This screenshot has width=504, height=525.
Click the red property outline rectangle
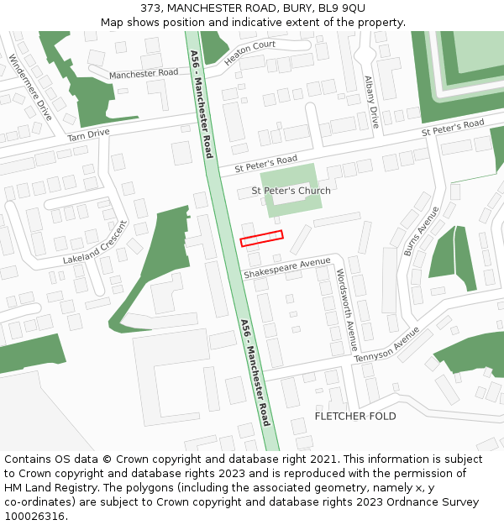pos(262,239)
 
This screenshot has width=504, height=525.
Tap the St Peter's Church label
pos(291,191)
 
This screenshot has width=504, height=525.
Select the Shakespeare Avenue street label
pos(287,268)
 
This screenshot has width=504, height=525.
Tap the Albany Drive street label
pos(371,102)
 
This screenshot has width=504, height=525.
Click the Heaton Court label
pos(249,52)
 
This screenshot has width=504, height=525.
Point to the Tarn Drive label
pos(88,134)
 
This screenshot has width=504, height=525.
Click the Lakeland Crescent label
pos(94,243)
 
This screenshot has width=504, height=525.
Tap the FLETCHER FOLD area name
pos(354,417)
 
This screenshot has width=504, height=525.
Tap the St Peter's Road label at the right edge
pos(453,128)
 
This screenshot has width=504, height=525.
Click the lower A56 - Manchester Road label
pos(255,372)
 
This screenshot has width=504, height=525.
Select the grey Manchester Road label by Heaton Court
pos(144,74)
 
